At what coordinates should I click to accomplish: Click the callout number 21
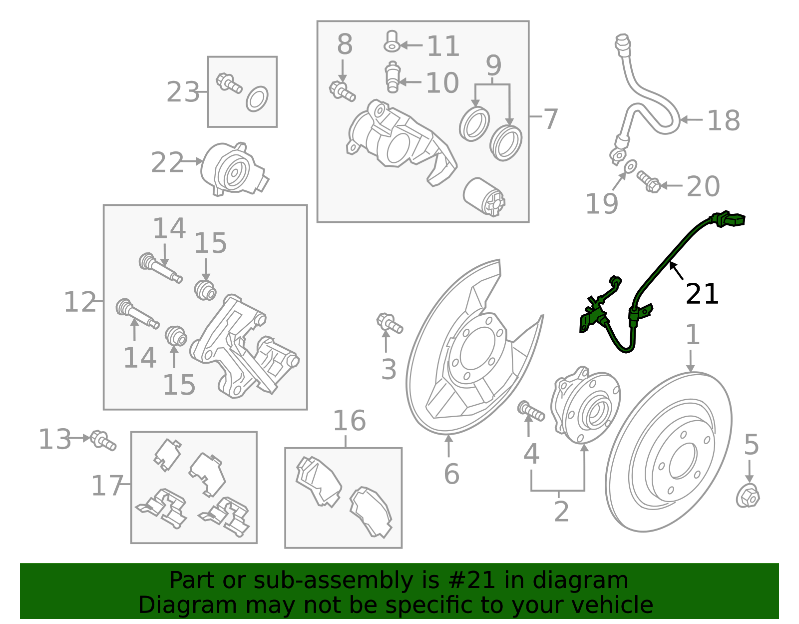coord(702,294)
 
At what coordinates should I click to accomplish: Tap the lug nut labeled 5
coord(748,497)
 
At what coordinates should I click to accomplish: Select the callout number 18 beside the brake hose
coord(724,120)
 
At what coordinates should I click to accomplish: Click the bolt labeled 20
coord(649,182)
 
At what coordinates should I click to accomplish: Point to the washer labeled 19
coord(631,166)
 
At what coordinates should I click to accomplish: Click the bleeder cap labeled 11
coord(392,41)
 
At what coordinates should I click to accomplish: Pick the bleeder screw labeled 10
coord(393,77)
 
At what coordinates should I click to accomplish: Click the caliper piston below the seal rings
coord(484,196)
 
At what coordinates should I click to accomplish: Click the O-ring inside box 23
coord(257,98)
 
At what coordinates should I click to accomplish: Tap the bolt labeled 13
coord(103,440)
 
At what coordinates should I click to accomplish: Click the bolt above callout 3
coord(389,323)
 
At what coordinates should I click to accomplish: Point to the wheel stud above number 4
coord(531,411)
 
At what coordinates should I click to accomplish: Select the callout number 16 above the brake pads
coord(349,421)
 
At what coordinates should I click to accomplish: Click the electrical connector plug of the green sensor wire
coord(730,220)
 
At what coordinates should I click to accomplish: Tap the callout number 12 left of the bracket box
coord(80,302)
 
